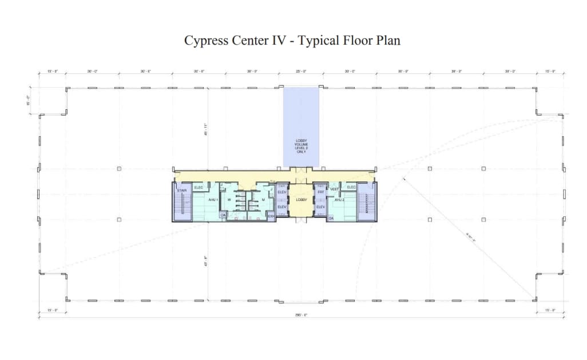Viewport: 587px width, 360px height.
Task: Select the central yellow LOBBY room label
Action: point(301,200)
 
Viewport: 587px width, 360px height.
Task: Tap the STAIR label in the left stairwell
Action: point(183,191)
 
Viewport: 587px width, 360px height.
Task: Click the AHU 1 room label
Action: point(212,200)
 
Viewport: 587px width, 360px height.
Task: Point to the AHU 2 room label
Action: point(339,200)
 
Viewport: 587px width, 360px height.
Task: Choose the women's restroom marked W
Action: point(229,200)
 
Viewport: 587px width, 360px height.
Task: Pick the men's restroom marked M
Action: point(263,200)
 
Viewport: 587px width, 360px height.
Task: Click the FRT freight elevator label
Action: point(320,192)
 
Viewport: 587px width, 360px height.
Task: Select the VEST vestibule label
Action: point(335,188)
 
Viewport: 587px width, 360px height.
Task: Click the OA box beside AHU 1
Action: point(223,215)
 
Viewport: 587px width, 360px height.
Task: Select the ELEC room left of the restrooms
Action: point(199,187)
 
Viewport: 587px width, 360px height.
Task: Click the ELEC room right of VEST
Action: point(351,187)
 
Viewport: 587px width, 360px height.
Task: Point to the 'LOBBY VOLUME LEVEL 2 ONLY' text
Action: point(301,147)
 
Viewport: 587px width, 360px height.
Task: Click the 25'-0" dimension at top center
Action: point(301,72)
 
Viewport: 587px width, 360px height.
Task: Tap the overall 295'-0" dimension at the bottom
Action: point(301,315)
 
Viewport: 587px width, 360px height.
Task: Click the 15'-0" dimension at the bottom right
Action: point(550,311)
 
